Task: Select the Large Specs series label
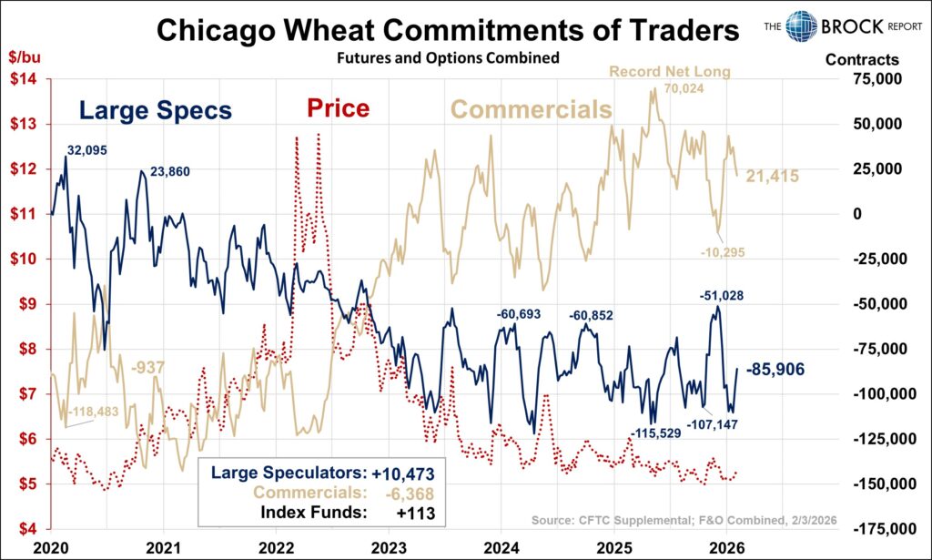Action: [x=155, y=111]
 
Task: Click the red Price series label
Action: [x=338, y=109]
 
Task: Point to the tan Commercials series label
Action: [x=532, y=110]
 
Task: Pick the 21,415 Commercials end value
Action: [x=772, y=176]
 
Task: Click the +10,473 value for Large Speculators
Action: [x=403, y=473]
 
